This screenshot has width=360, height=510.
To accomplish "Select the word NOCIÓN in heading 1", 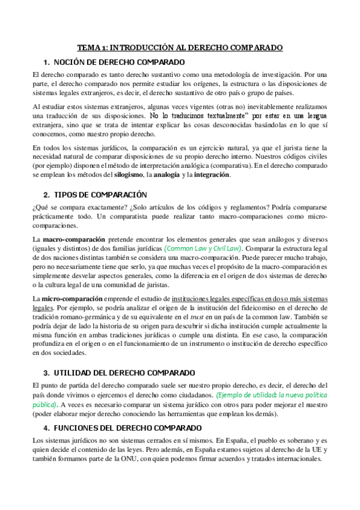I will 70,62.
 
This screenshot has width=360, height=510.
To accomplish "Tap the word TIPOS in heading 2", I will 67,195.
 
